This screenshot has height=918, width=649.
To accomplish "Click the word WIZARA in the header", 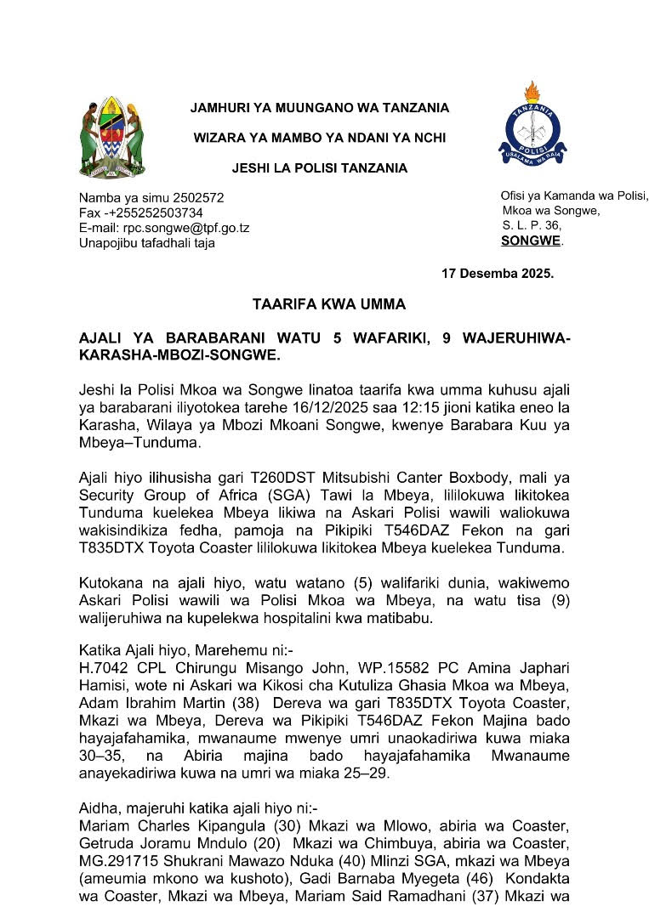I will coord(219,138).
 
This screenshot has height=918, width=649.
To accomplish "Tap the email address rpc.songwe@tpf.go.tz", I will coord(189,228).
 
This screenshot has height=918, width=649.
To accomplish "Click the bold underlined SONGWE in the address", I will coord(531,241).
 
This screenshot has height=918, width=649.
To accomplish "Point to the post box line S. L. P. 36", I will coord(532,225).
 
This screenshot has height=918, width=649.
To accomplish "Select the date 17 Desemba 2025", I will coord(498,274).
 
